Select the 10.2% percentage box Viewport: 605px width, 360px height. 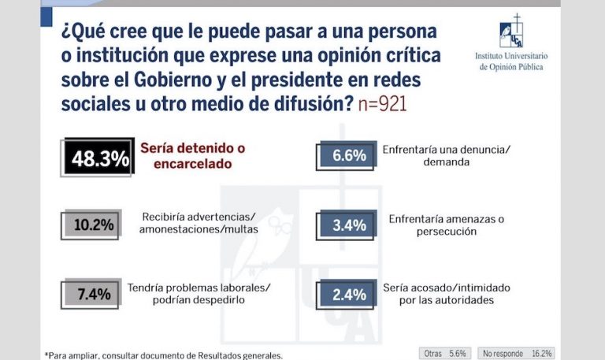pyautogui.click(x=94, y=225)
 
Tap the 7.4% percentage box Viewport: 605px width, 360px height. pyautogui.click(x=94, y=294)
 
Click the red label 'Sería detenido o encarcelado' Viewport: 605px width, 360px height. pyautogui.click(x=193, y=156)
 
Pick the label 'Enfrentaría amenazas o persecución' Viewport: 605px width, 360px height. pyautogui.click(x=439, y=225)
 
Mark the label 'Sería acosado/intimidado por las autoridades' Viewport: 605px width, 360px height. pyautogui.click(x=438, y=294)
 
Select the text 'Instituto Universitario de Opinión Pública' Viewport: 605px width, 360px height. pyautogui.click(x=510, y=61)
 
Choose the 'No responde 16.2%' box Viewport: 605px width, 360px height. pyautogui.click(x=518, y=354)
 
